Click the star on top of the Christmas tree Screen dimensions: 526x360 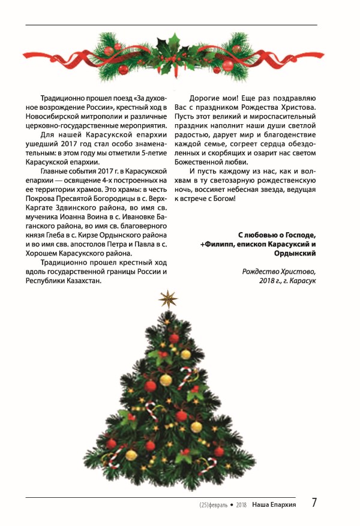pos(168,298)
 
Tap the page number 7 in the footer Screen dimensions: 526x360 pos(314,503)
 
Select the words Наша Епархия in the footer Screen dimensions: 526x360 pos(274,504)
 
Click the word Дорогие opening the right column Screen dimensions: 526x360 pos(206,98)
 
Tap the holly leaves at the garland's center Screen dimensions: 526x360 pos(174,43)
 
